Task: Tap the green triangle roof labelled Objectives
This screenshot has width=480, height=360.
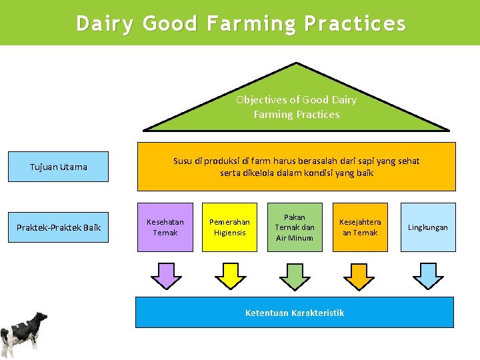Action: (296, 106)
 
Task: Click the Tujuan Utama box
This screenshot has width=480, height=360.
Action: (59, 167)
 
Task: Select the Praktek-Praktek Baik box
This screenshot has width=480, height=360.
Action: (59, 227)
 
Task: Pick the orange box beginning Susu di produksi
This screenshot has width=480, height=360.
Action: (296, 167)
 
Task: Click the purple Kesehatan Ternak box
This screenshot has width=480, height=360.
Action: (165, 227)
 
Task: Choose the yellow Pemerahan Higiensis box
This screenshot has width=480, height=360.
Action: (229, 227)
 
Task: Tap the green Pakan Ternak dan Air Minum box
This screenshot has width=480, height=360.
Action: (295, 227)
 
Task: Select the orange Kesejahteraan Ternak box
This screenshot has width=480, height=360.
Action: (360, 227)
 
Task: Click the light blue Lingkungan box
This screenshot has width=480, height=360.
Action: (428, 227)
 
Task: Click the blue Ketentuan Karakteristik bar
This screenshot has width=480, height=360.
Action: (295, 313)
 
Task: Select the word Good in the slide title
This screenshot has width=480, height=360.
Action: (170, 24)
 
